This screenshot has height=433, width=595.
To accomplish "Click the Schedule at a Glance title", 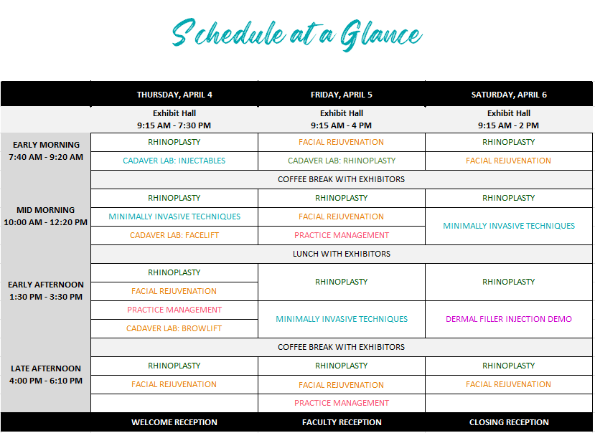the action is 296,35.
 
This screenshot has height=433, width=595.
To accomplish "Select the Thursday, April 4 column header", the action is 174,95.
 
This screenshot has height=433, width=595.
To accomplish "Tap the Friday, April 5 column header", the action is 342,95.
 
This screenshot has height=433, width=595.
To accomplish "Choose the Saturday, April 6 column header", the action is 509,95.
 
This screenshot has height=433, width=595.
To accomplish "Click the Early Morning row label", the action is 46,151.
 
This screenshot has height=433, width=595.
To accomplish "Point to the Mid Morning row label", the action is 45,216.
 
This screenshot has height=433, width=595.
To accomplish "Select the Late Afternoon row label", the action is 46,374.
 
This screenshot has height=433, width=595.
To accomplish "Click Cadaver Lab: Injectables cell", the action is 174,161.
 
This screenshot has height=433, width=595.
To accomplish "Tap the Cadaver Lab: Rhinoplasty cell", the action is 342,161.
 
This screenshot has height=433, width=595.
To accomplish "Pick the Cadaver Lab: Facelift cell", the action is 174,235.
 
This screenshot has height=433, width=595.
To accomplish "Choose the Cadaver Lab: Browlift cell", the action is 174,328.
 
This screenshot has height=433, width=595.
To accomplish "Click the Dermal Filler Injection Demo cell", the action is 509,319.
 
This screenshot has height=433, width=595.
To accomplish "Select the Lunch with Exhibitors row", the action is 342,254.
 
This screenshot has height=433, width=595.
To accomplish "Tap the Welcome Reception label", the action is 174,422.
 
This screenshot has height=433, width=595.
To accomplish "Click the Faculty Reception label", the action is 342,422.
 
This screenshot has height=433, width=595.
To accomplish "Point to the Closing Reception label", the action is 509,422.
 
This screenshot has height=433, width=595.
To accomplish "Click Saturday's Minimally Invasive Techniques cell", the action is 509,226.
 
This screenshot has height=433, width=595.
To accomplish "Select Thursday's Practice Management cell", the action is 174,310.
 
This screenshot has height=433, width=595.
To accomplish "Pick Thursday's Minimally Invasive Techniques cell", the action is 174,217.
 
